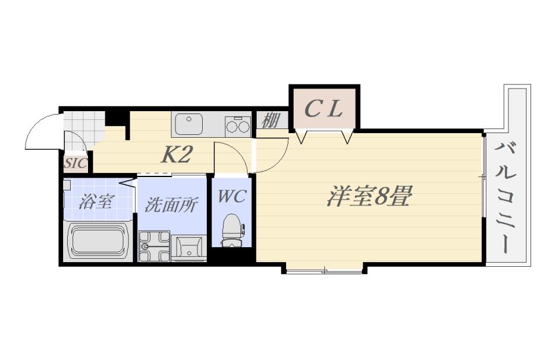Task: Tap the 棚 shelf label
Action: tap(271, 120)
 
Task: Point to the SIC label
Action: tap(76, 163)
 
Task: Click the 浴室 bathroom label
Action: tap(96, 201)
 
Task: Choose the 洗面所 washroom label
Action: tap(170, 204)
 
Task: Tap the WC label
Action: tap(232, 196)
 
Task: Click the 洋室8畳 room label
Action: tap(369, 197)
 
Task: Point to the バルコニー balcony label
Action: tap(506, 197)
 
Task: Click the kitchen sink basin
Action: tap(189, 124)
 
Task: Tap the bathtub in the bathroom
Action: tap(98, 241)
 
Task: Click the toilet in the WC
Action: tap(232, 230)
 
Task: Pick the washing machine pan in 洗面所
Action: tap(154, 246)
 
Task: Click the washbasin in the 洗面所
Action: tap(189, 248)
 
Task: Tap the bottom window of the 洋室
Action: tap(324, 271)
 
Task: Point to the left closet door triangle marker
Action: tap(301, 137)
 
